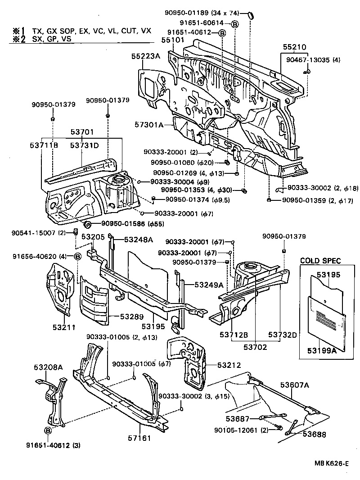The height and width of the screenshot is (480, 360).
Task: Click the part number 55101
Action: pos(173,40)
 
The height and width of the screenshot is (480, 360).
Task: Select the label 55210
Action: pos(295,47)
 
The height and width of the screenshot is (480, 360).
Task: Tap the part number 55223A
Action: pos(146,56)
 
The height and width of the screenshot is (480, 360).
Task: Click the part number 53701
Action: pos(82,132)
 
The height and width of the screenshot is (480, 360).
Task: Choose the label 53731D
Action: pos(84,145)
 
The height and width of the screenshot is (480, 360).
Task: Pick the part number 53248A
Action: pos(139,239)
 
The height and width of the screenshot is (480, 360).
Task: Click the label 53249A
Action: pos(209,285)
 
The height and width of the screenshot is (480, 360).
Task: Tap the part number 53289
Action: pos(131,317)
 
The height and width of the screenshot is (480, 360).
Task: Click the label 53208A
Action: pos(48,367)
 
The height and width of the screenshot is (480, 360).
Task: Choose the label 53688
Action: pos(314,435)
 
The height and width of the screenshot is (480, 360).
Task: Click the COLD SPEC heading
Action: pos(320,261)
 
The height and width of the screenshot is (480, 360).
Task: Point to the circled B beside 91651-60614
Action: pos(235,23)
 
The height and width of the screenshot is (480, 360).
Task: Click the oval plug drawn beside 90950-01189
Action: pos(252,15)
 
